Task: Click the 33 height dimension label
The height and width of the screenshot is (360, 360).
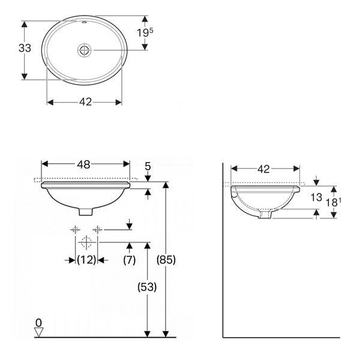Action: click(25, 48)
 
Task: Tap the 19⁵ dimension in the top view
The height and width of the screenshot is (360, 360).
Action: click(145, 32)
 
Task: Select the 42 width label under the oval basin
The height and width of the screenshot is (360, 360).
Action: click(85, 102)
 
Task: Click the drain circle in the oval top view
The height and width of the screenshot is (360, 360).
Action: click(84, 50)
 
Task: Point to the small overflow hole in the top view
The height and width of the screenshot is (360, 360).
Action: click(84, 23)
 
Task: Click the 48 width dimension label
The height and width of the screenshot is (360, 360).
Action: click(83, 164)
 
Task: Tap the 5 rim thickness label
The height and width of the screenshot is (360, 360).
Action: click(148, 166)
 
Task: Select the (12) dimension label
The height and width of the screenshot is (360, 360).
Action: click(86, 260)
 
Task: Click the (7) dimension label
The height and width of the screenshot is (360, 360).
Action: click(130, 260)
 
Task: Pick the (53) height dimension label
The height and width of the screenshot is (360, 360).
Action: click(147, 287)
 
